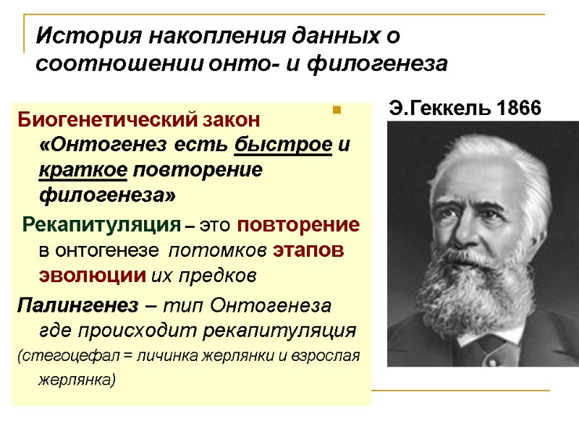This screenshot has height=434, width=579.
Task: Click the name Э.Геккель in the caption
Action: pos(436,109)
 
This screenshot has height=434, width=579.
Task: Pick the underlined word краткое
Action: pos(83,171)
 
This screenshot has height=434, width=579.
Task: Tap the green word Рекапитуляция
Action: pos(101,224)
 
